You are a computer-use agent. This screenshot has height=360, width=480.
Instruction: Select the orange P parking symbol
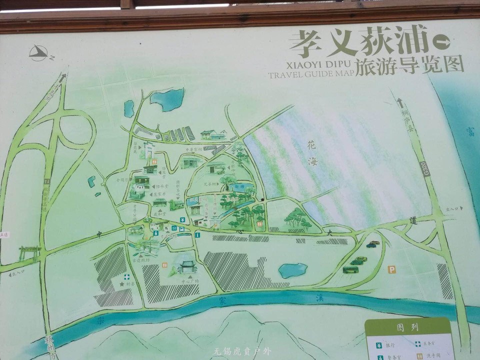(392, 269)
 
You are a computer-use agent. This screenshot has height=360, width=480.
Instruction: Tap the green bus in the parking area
(350, 269)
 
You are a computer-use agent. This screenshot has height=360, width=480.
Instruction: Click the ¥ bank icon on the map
(182, 220)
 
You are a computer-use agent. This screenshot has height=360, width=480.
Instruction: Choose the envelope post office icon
(173, 228)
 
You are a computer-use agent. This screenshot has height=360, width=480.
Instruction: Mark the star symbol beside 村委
(121, 284)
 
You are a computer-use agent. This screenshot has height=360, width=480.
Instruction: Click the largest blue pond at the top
(168, 99)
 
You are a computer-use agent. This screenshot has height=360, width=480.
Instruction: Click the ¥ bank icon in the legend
(378, 345)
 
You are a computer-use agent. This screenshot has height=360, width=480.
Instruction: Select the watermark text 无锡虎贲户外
(240, 351)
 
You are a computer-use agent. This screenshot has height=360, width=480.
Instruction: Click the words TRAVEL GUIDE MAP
(311, 75)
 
